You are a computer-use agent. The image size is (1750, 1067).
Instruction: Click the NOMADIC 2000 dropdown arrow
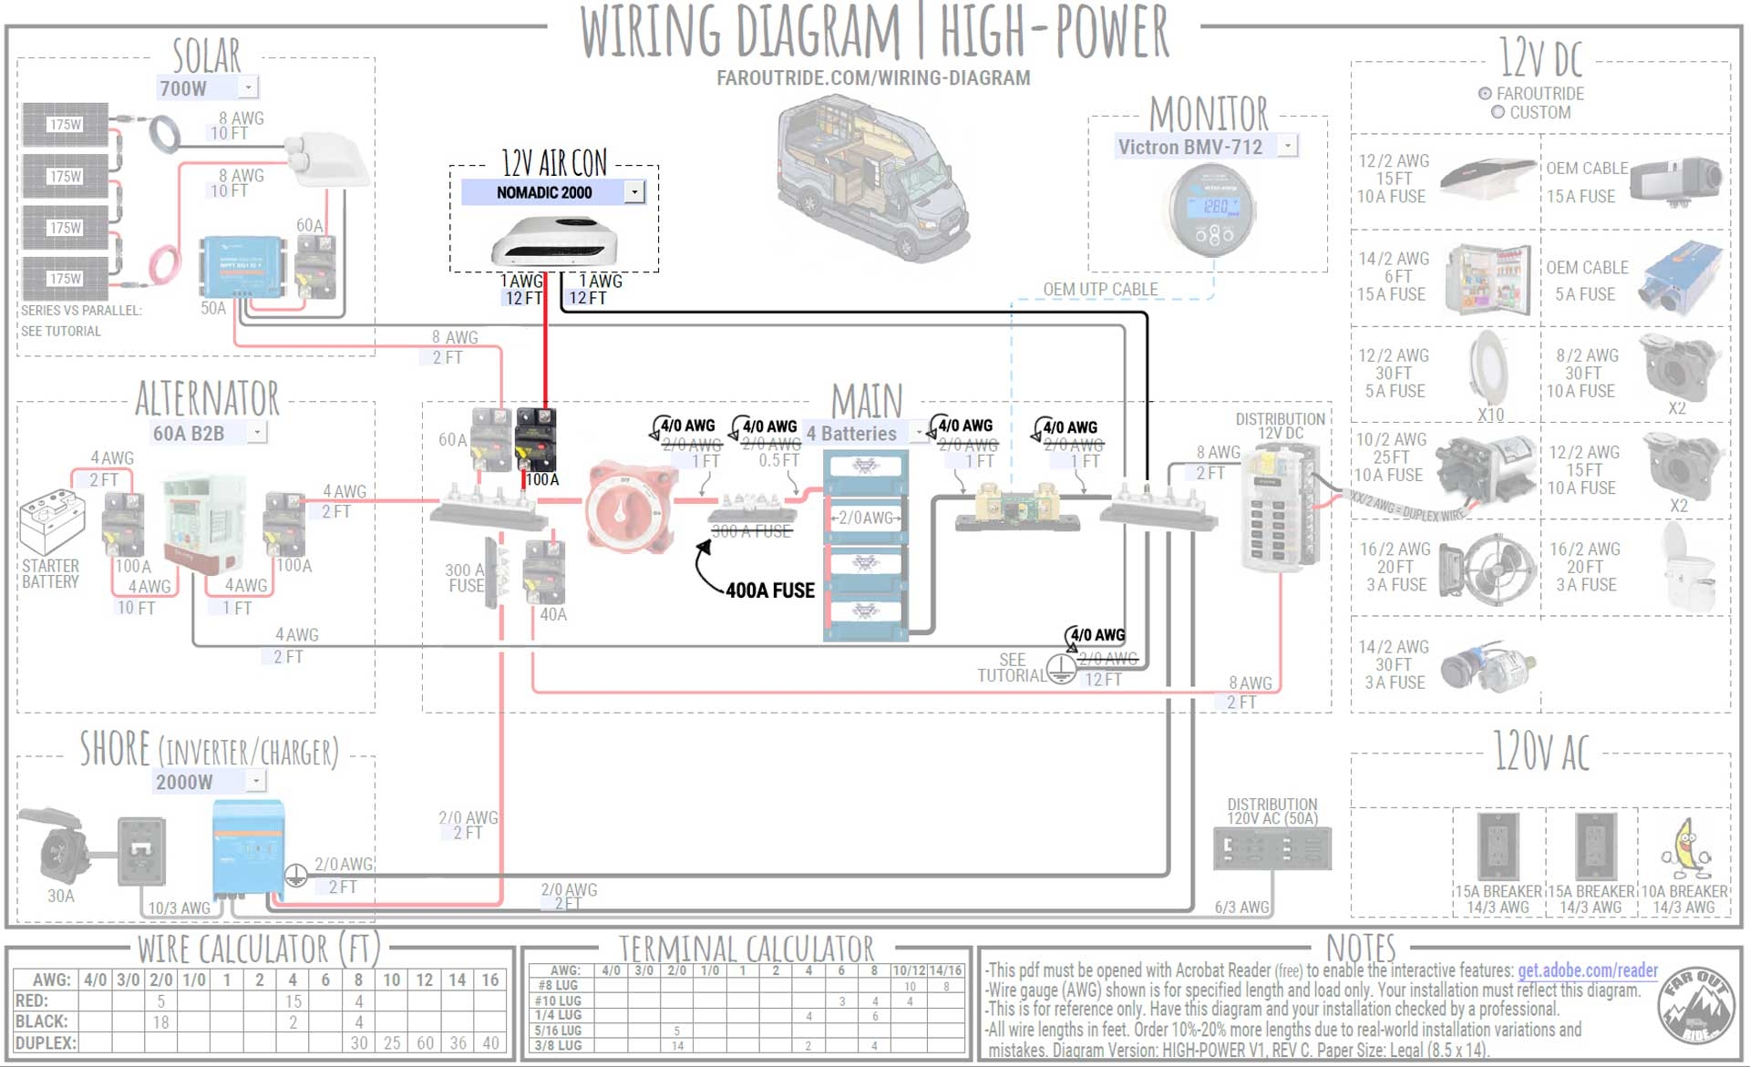[634, 192]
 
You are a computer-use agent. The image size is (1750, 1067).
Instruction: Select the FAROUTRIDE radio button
[1485, 94]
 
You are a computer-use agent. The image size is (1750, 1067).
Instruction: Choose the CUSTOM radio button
[1498, 113]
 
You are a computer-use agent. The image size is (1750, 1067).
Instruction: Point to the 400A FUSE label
[770, 590]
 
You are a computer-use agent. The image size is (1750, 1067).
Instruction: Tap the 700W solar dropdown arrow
[249, 87]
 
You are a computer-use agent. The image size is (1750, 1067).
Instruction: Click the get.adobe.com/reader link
[1587, 970]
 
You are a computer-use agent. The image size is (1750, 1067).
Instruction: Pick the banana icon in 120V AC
[1684, 848]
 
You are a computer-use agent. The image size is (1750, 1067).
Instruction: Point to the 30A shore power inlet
[58, 848]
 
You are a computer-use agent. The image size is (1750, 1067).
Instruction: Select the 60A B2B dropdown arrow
[258, 432]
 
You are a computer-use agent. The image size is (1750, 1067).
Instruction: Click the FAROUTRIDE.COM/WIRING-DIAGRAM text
[873, 78]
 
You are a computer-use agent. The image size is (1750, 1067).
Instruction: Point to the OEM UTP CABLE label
[1100, 290]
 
